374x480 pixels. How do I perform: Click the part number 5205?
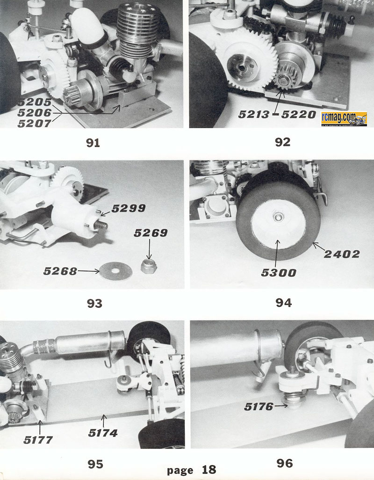click(x=35, y=102)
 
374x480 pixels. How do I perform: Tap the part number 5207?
click(x=35, y=124)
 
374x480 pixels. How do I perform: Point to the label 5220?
click(x=299, y=115)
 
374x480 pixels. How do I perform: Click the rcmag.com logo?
click(x=344, y=119)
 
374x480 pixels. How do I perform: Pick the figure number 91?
click(x=93, y=143)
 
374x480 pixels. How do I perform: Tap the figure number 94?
click(x=283, y=303)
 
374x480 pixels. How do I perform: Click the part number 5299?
click(x=129, y=209)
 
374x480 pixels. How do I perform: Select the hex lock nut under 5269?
click(x=149, y=267)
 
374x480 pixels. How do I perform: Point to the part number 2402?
click(x=342, y=254)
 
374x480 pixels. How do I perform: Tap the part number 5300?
click(x=279, y=273)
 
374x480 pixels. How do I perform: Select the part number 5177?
click(x=38, y=440)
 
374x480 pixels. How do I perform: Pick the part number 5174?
click(x=103, y=433)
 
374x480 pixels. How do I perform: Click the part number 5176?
click(x=259, y=407)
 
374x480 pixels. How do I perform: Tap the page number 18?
click(x=209, y=470)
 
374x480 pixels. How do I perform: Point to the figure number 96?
click(x=285, y=464)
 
